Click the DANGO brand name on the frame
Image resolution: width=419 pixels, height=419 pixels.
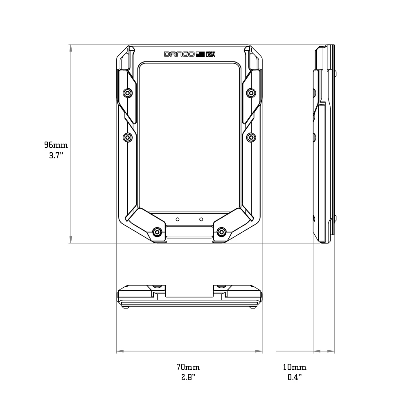179,54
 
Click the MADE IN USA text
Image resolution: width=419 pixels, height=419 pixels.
210,54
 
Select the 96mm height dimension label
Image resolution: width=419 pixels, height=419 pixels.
56,145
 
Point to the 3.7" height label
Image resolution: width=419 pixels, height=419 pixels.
56,155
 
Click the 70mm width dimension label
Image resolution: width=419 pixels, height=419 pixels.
188,367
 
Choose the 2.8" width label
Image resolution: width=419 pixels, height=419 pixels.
188,377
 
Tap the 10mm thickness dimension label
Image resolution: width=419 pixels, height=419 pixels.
295,367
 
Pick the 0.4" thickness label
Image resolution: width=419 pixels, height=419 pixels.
295,377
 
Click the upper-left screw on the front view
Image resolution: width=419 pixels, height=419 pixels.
128,93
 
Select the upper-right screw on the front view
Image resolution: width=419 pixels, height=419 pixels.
250,93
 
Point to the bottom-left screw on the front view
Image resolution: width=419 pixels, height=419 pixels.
157,232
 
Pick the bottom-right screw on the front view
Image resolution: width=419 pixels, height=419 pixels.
221,232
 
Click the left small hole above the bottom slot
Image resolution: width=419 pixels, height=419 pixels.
177,219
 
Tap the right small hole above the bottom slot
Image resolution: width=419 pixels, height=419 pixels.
201,219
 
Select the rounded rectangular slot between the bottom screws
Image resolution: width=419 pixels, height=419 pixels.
189,232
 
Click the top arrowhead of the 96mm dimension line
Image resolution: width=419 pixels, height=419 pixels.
71,48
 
